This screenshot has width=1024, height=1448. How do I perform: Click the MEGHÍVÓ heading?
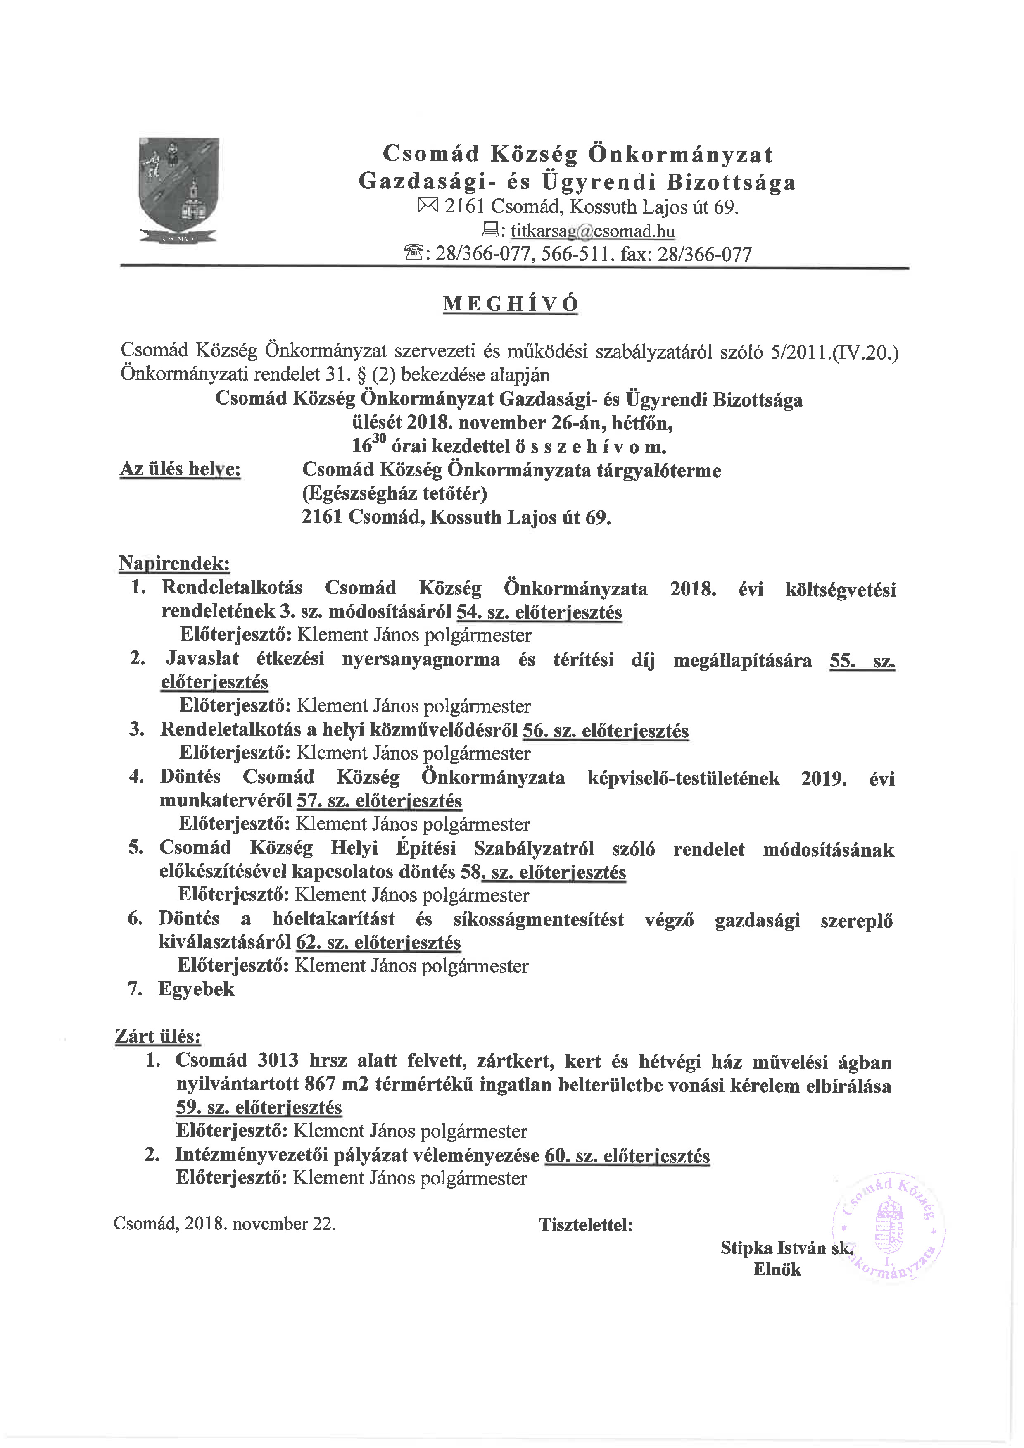(x=511, y=304)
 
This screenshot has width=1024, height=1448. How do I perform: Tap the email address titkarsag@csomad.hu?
(x=593, y=231)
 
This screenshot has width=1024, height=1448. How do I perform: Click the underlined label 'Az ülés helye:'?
(x=181, y=470)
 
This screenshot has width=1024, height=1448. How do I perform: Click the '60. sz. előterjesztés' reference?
(x=625, y=1156)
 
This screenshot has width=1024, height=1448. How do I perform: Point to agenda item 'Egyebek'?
(x=196, y=989)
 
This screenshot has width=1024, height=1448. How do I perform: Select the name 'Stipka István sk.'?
(x=786, y=1248)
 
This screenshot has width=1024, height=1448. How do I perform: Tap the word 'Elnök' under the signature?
(x=777, y=1269)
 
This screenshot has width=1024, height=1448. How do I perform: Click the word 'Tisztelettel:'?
(x=586, y=1225)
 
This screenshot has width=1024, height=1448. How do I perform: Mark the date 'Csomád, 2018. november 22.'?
(x=225, y=1224)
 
